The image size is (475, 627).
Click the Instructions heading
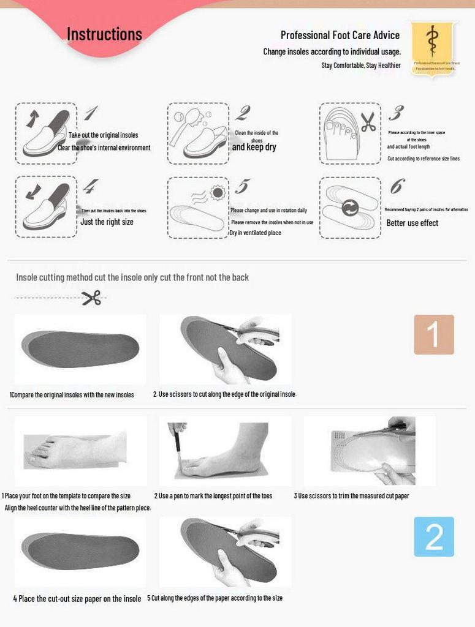pos(104,34)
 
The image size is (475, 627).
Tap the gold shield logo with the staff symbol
pos(433,47)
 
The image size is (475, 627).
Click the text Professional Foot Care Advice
pos(340,36)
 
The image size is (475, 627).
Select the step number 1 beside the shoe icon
pos(90,113)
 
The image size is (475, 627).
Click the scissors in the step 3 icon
pos(368,122)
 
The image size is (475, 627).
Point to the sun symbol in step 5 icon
pos(217,193)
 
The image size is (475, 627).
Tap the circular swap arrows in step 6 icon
pos(350,208)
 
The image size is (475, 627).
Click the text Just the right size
pos(107,222)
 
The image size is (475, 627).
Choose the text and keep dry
pos(254,148)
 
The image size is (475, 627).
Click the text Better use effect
pos(412,223)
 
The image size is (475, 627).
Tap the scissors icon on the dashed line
pos(91,298)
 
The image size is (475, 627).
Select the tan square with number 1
pos(433,334)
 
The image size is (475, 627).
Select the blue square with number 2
pos(433,536)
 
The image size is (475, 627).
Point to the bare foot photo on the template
pos(77,451)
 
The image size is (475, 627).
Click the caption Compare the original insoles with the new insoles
pos(72,395)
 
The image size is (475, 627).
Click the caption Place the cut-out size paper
pos(77,599)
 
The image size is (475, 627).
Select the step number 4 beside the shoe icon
pos(90,186)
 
